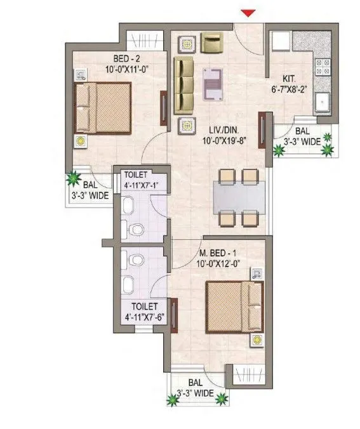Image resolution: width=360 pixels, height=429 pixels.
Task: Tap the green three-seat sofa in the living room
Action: coord(185,82)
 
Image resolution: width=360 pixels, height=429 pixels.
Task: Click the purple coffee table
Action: coord(213,82)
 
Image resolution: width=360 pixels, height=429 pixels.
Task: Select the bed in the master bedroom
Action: coord(235,305)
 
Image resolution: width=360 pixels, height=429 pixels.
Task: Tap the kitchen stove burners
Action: coord(321,67)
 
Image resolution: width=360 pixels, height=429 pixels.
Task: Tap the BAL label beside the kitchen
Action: coord(302,131)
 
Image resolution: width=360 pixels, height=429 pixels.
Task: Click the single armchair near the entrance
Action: coord(211,43)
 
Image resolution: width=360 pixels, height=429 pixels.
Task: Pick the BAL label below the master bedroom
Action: coord(195,383)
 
